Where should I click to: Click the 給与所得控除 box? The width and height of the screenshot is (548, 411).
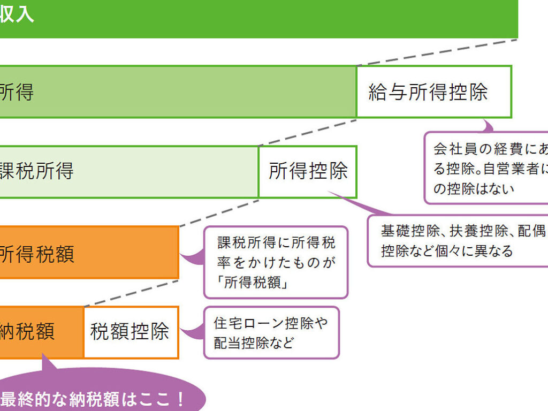click(433, 92)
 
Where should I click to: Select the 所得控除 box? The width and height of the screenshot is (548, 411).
click(308, 172)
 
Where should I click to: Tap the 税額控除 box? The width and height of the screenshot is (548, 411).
click(131, 332)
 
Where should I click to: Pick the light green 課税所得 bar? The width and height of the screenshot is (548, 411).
click(128, 172)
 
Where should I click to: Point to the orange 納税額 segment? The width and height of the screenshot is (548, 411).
click(40, 332)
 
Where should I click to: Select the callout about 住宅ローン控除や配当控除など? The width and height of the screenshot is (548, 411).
click(271, 332)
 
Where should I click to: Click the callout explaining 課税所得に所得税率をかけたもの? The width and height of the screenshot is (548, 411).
click(276, 262)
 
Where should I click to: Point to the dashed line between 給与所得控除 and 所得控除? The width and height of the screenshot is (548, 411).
click(308, 132)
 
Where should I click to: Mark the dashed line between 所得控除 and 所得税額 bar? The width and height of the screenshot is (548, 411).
click(219, 212)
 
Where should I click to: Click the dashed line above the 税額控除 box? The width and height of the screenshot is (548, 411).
click(131, 292)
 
